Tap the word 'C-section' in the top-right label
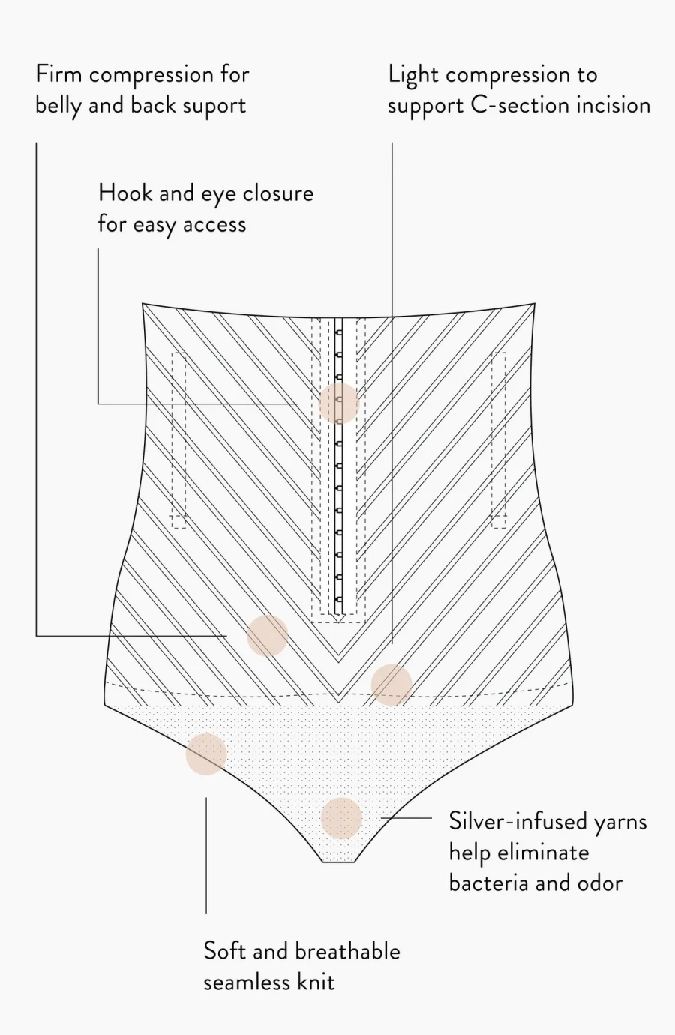tap(520, 105)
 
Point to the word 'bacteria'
tap(489, 883)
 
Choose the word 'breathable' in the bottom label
tap(347, 951)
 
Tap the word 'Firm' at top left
tap(59, 74)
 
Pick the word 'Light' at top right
tap(412, 75)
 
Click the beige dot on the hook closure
tap(339, 403)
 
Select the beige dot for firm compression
tap(268, 636)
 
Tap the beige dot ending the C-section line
tap(391, 685)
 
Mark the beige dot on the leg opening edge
tap(206, 754)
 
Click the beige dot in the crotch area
tap(341, 818)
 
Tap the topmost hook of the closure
tap(339, 332)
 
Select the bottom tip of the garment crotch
tap(339, 862)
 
